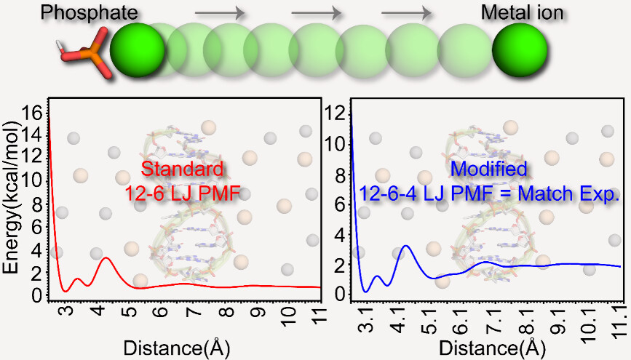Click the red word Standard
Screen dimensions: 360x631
181,169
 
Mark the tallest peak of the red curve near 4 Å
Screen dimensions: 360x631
106,257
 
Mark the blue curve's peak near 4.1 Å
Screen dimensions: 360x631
406,246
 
